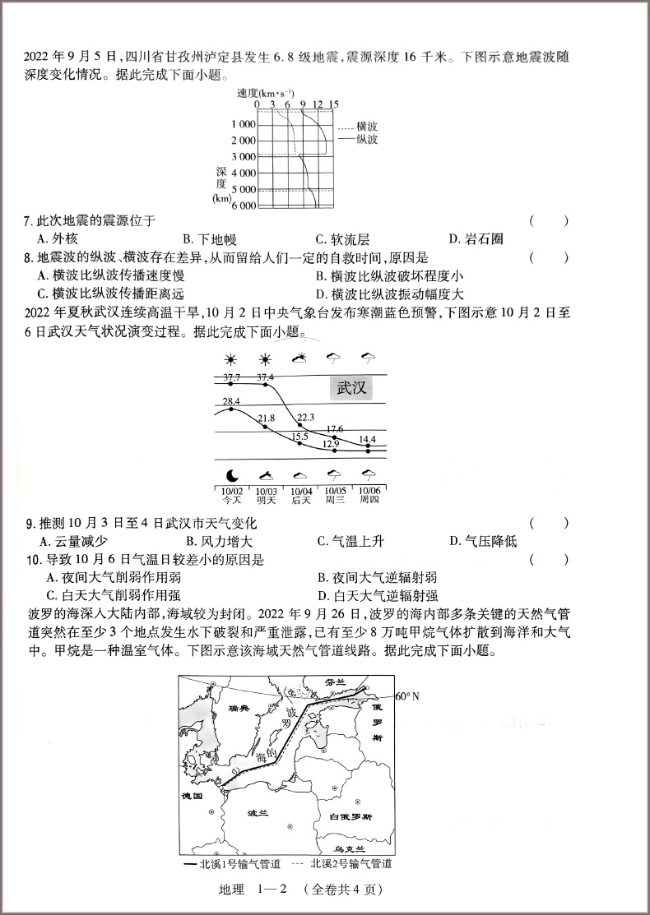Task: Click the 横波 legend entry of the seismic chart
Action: (x=366, y=127)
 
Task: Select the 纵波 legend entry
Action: (x=366, y=140)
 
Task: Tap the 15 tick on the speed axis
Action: (x=333, y=104)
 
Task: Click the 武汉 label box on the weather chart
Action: (x=351, y=388)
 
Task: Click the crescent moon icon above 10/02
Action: (x=231, y=475)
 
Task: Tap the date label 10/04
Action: (x=302, y=491)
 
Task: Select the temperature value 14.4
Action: (x=367, y=440)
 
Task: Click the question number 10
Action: (x=32, y=560)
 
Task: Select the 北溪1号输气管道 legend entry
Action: (x=234, y=864)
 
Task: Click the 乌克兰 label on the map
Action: (x=350, y=846)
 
